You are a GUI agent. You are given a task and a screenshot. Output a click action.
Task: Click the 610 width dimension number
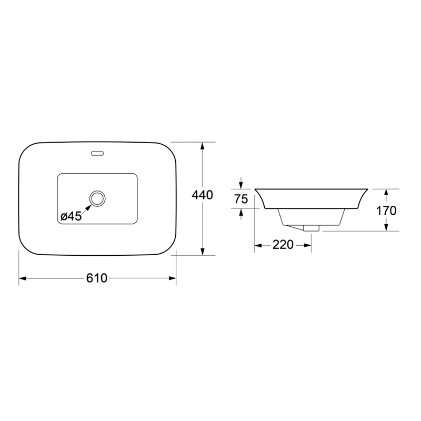97,278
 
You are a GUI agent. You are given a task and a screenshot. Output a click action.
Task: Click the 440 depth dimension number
202,195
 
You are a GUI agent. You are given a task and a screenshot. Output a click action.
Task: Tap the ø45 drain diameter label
71,216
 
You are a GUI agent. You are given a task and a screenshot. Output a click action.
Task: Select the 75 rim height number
241,199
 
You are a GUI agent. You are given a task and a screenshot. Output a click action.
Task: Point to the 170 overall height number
386,211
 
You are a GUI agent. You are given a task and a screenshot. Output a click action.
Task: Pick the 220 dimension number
283,245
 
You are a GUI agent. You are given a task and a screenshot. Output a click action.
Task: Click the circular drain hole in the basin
97,198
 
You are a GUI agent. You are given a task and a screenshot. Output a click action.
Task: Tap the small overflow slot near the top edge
97,153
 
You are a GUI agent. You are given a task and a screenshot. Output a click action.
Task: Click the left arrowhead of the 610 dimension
22,278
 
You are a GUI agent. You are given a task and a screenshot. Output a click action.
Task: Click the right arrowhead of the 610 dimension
173,278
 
